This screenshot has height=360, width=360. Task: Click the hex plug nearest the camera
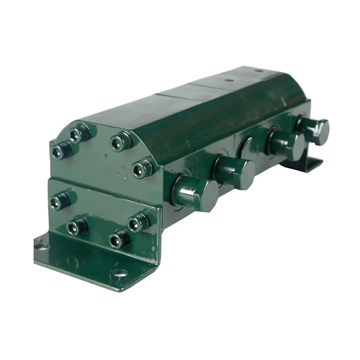[x=198, y=194]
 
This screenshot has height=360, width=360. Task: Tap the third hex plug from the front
[x=288, y=145]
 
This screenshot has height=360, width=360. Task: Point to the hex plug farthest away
[x=315, y=130]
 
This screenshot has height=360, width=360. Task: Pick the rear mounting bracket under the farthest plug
[x=310, y=164]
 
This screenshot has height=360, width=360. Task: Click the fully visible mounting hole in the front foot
[x=120, y=272]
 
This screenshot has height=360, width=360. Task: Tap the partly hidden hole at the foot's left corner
[x=40, y=246]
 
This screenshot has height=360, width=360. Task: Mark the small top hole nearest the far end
[x=258, y=71]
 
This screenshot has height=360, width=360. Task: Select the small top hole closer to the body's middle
[x=229, y=80]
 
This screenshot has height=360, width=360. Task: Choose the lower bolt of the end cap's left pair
[x=59, y=151]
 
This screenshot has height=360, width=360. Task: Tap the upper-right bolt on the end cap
[x=120, y=142]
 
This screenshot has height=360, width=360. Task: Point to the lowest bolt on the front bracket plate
[x=118, y=239]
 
